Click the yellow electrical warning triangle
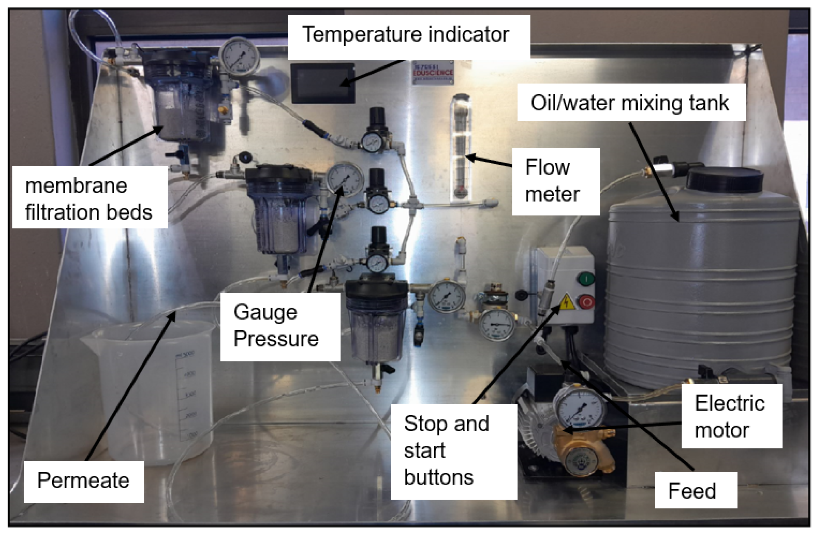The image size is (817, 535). [567, 302]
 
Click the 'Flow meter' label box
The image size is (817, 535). [555, 181]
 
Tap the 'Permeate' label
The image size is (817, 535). [84, 481]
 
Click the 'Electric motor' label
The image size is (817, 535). [731, 416]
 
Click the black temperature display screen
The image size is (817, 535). [323, 83]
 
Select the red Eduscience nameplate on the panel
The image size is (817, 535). [433, 73]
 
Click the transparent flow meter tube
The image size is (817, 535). [461, 148]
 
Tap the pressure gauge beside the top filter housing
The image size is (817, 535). [240, 56]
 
